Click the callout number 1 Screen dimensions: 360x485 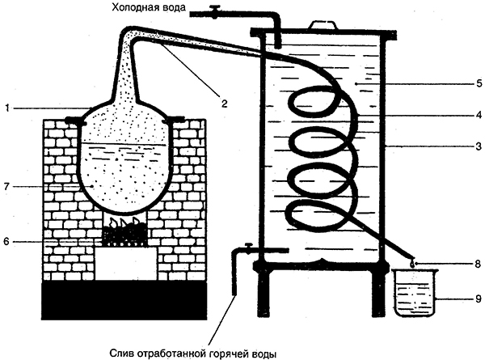click(x=6, y=108)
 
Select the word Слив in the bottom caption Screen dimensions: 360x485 click(x=122, y=353)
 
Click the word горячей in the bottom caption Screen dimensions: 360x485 click(x=228, y=353)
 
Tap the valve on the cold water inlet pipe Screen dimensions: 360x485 click(x=216, y=11)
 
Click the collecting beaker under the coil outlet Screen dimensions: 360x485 click(x=414, y=294)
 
